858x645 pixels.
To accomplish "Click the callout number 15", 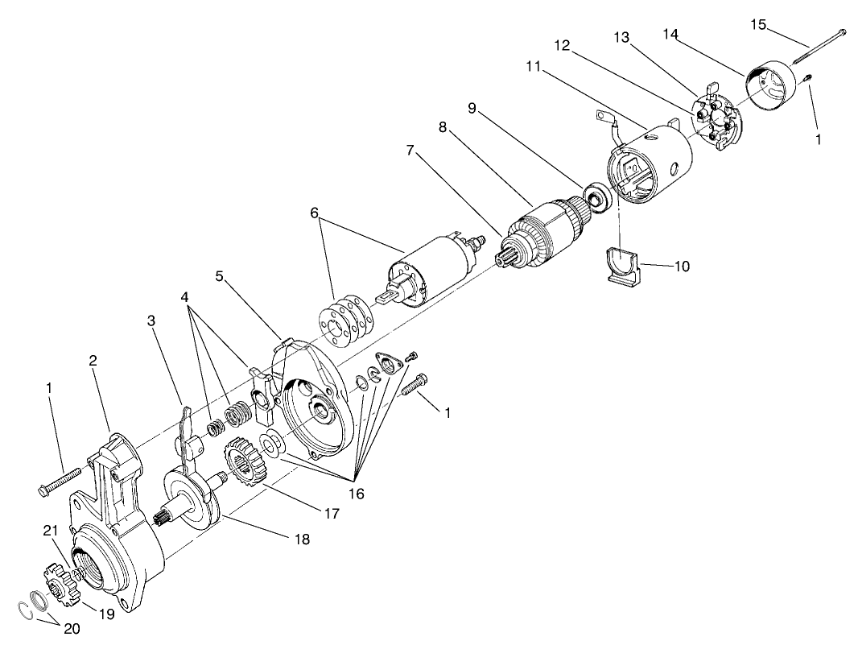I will (x=758, y=23).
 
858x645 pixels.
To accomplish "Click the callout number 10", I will (x=681, y=266).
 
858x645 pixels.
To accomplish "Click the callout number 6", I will (x=315, y=213).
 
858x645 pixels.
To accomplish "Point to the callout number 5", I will (x=219, y=276).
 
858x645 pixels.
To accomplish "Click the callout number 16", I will (x=357, y=494).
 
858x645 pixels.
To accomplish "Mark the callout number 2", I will (x=93, y=361).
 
